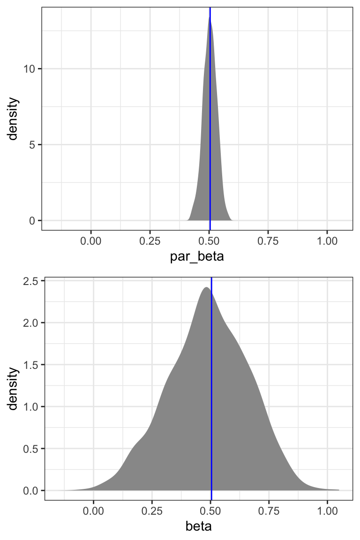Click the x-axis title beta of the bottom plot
[x=199, y=526]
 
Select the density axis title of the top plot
[x=13, y=119]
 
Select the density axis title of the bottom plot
[x=13, y=389]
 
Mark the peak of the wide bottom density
[x=206, y=287]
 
